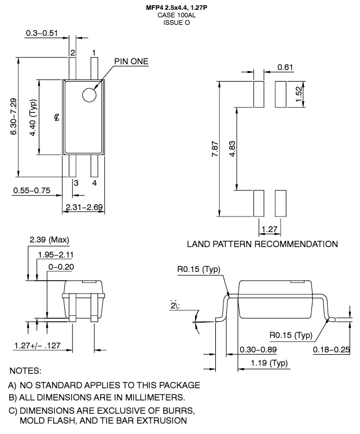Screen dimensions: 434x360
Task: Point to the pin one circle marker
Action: (x=89, y=95)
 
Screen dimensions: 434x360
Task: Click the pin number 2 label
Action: (x=73, y=53)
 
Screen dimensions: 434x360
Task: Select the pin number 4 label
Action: (x=94, y=183)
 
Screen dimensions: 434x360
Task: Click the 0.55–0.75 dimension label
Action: (x=31, y=190)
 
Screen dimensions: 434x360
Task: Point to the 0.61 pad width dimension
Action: (x=285, y=68)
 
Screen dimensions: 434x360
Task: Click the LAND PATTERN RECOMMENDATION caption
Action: (x=262, y=244)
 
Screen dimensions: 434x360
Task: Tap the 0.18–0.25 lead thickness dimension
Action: (x=332, y=350)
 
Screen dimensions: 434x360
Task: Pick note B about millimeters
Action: (x=97, y=397)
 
